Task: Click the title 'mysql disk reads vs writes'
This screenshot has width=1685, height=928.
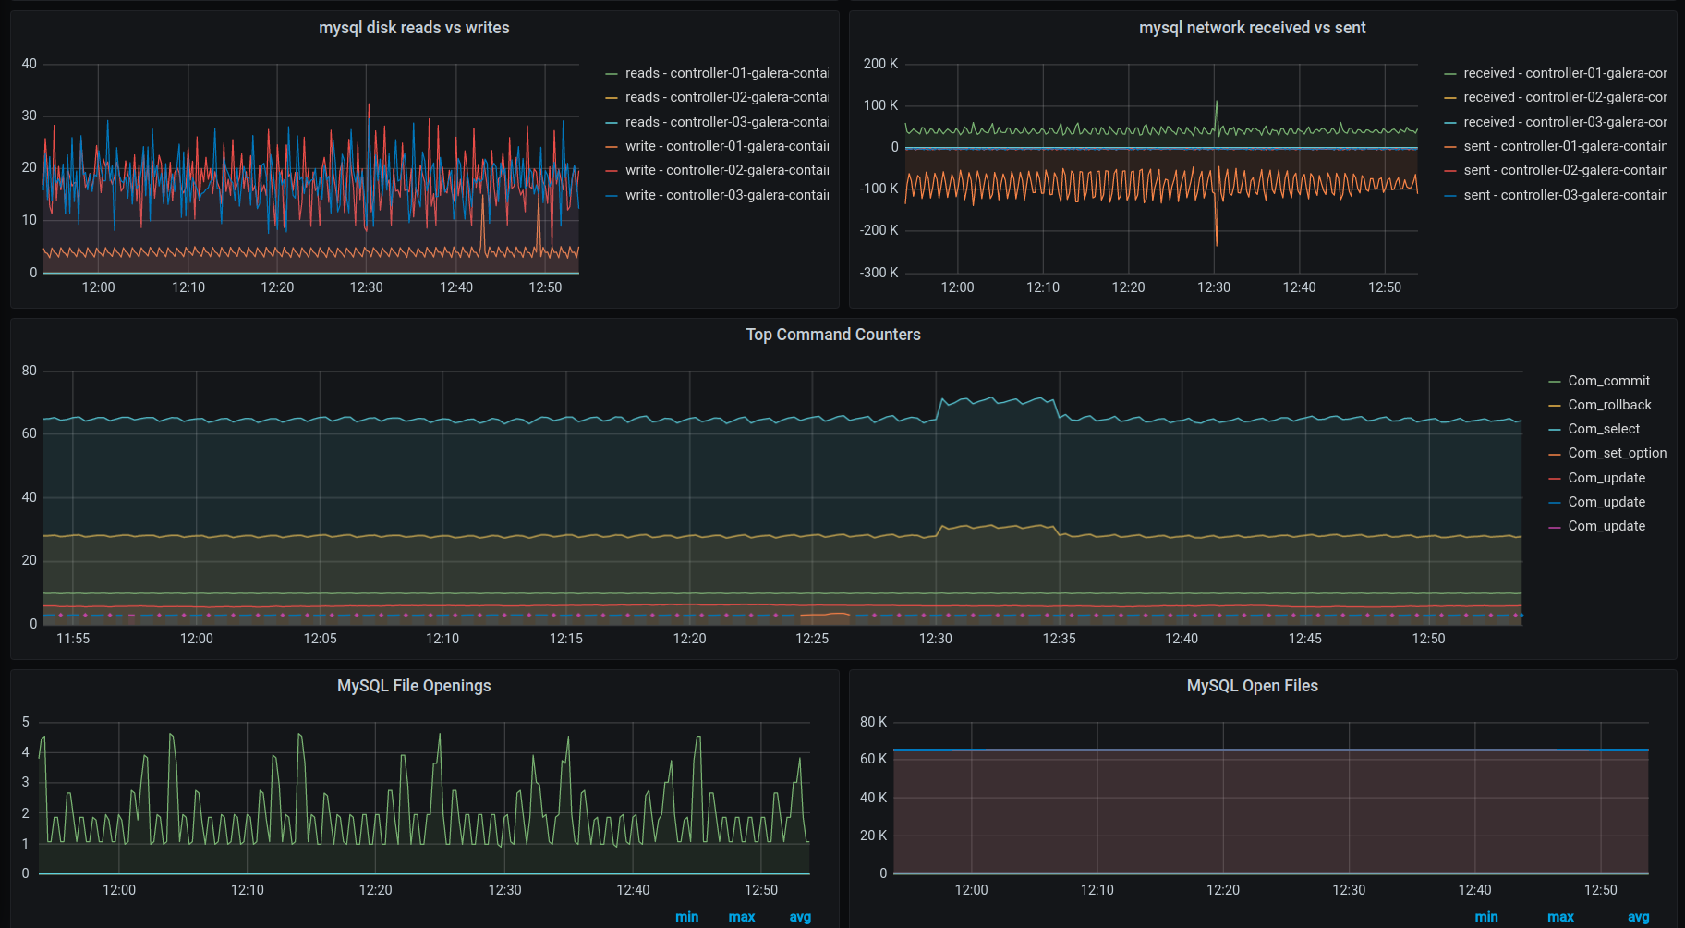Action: click(x=414, y=28)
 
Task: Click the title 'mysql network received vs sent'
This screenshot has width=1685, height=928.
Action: click(x=1252, y=28)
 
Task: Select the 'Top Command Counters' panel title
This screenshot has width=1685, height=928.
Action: click(x=833, y=335)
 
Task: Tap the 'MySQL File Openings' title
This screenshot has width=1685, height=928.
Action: click(x=414, y=686)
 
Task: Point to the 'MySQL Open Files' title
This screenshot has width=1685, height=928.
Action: click(x=1252, y=686)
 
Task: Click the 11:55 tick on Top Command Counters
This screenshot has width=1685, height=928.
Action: click(x=73, y=639)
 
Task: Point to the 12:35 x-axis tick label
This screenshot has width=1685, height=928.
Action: click(x=1059, y=639)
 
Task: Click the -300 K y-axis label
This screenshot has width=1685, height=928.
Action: click(x=879, y=273)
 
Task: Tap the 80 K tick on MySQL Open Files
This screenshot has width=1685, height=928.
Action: click(x=873, y=722)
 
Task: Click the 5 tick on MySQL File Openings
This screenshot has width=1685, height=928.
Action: click(x=26, y=722)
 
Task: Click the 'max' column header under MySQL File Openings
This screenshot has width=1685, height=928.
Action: click(x=742, y=917)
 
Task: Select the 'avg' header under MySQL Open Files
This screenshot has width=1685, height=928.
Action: click(x=1638, y=917)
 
